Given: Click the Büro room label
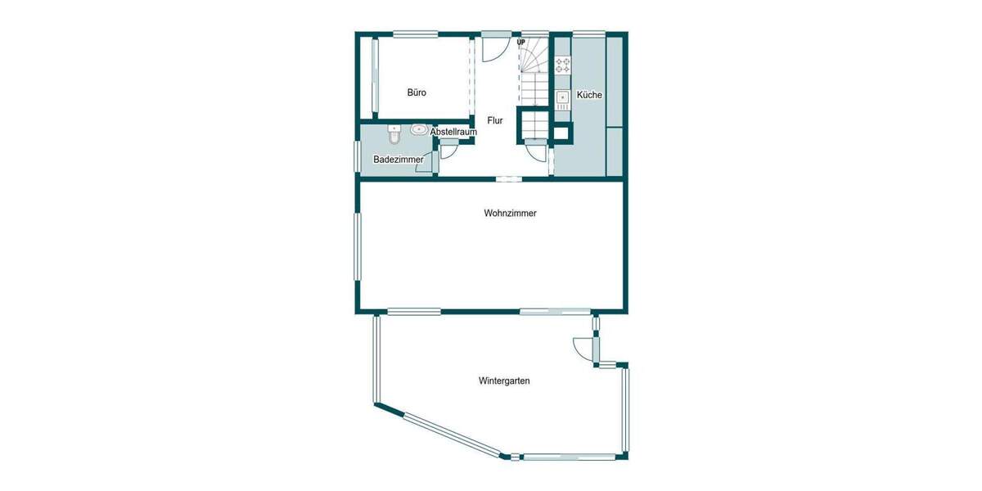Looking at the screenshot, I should (417, 92).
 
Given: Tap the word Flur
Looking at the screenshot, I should (494, 120).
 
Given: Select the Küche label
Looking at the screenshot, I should (589, 95).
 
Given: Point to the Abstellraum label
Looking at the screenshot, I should (453, 132).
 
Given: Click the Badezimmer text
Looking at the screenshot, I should (398, 159).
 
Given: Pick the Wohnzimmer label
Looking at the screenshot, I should (510, 213).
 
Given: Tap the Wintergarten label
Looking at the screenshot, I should (504, 381).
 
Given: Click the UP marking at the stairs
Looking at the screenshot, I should (520, 42).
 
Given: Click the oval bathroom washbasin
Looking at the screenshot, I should (419, 129).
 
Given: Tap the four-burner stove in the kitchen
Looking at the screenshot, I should (563, 65).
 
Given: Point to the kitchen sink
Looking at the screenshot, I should (563, 99).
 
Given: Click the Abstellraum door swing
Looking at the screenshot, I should (449, 151).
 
